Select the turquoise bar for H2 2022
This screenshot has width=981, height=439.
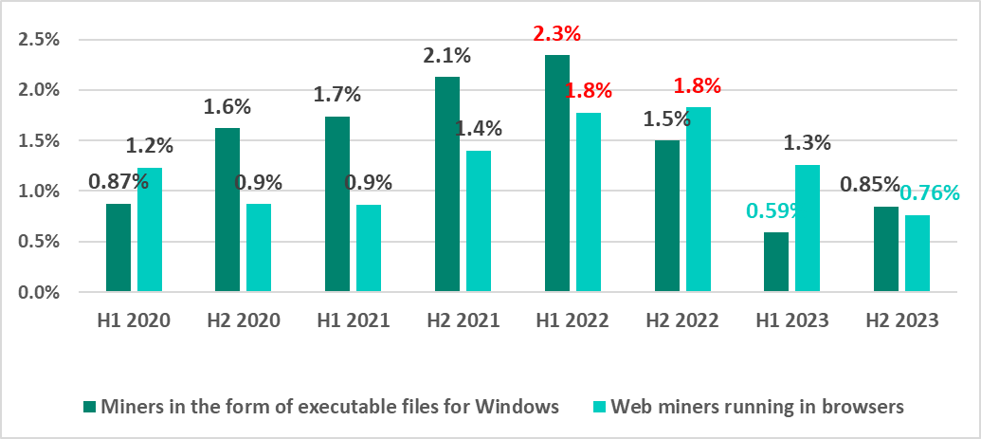point(698,199)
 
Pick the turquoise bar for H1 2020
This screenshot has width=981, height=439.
point(149,229)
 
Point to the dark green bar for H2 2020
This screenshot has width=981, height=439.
point(227,210)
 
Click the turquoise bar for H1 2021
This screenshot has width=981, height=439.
point(369,247)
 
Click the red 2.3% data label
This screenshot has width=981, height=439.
point(556,34)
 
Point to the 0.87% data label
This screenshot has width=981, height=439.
point(118,180)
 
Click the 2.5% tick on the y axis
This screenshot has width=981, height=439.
point(41,40)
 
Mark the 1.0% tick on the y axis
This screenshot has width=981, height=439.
point(41,192)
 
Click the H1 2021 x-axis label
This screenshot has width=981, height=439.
point(352,320)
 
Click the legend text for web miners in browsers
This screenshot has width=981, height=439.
point(757,407)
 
